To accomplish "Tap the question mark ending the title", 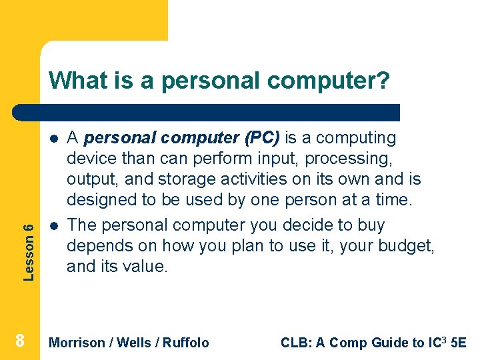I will tap(383, 81).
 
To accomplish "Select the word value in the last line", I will tap(149, 266).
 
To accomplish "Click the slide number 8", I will tap(20, 341).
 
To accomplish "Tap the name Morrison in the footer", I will tap(77, 343).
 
